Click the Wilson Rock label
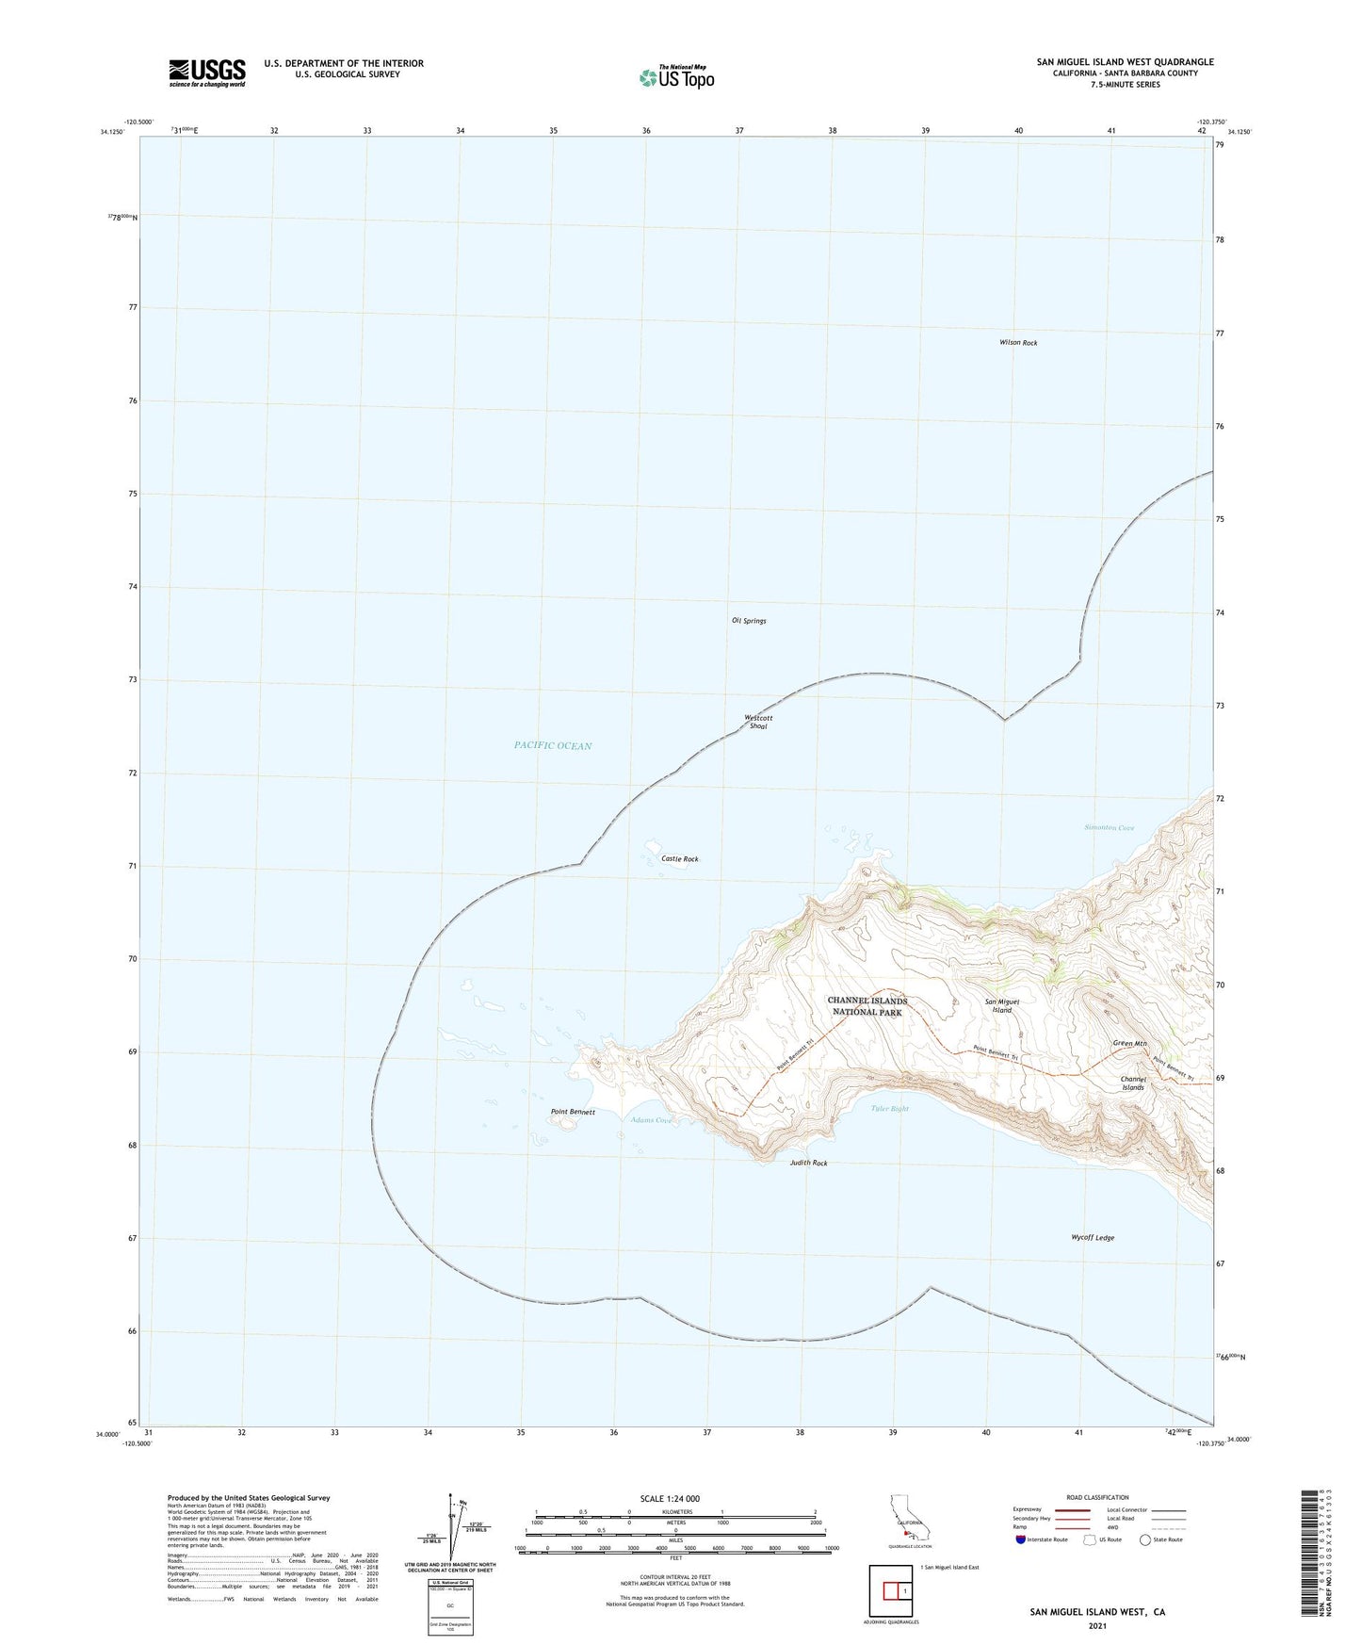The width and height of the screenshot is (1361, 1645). [1018, 343]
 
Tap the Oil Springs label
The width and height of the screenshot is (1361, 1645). [749, 621]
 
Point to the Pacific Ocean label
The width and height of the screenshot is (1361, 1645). [553, 746]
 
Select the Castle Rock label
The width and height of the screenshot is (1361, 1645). [679, 859]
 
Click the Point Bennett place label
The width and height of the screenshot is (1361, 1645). [573, 1113]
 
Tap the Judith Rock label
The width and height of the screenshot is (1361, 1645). [808, 1164]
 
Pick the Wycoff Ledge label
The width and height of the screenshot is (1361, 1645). [1093, 1238]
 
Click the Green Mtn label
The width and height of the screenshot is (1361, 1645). [1129, 1043]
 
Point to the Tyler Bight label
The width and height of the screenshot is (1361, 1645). [890, 1109]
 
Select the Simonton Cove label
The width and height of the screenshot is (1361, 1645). [1109, 828]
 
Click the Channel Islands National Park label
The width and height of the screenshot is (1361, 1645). [867, 1006]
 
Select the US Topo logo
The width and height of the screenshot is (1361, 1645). [675, 76]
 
